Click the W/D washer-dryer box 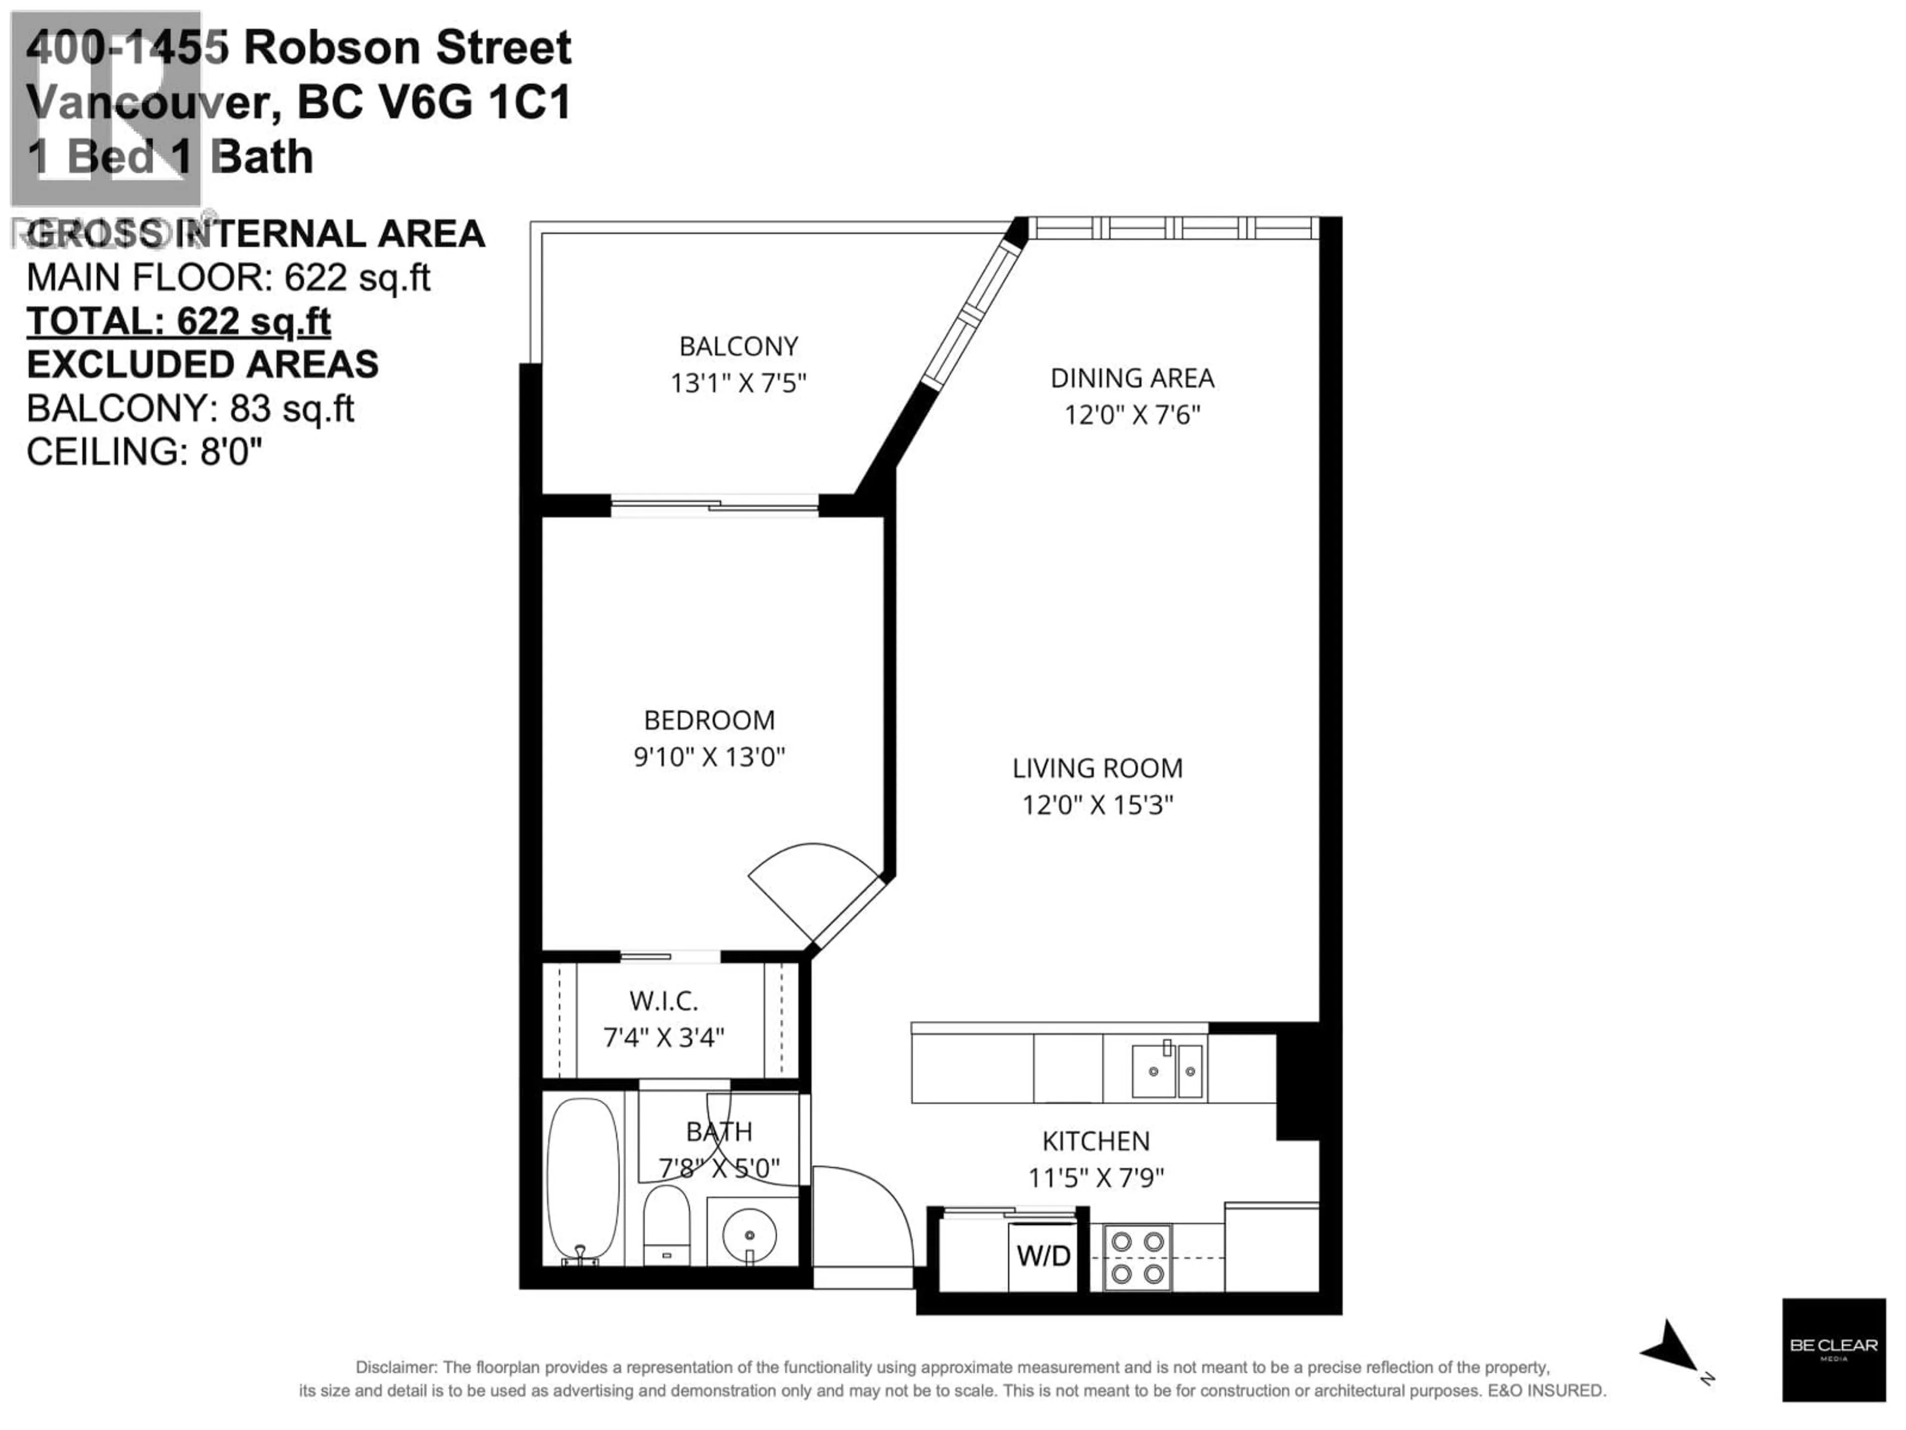1043,1255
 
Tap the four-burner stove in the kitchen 1138,1258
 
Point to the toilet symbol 667,1224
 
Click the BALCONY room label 739,347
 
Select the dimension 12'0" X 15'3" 1097,805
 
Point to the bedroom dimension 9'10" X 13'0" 709,757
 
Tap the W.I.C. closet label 664,1001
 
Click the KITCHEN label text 1095,1141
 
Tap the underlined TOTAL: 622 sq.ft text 178,322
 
